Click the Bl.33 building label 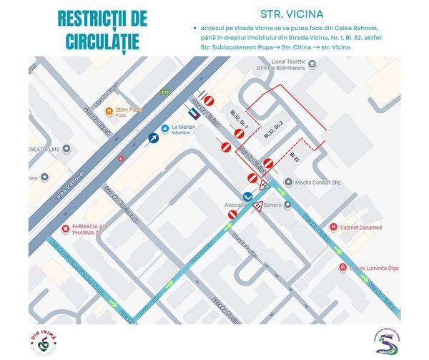295,156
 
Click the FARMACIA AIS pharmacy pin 66,229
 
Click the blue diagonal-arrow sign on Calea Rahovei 153,138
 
